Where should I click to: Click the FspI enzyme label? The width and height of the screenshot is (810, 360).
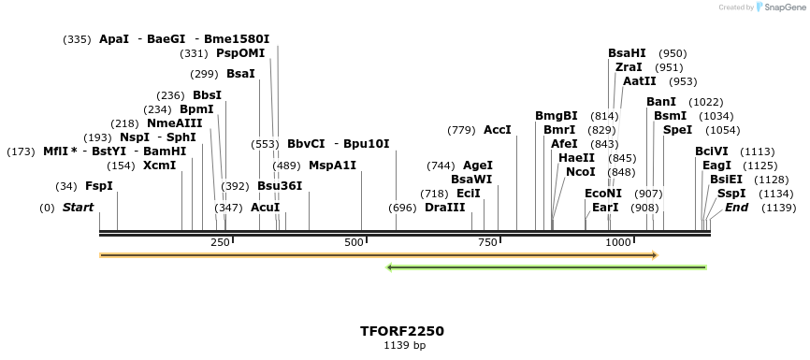(98, 186)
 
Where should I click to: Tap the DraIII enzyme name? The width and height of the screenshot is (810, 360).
(444, 208)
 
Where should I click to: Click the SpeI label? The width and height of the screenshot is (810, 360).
(677, 130)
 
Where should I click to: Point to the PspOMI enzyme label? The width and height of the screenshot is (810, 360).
(240, 53)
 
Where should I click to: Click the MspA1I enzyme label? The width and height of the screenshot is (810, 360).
(332, 166)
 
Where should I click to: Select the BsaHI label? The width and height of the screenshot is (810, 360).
(627, 53)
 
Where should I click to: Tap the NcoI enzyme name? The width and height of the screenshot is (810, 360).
(580, 172)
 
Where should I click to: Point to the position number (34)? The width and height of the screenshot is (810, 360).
(66, 186)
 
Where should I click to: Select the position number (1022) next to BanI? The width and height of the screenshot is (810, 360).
(705, 102)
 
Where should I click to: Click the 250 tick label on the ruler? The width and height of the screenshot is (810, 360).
(220, 243)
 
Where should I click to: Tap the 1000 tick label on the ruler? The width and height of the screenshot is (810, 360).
(619, 243)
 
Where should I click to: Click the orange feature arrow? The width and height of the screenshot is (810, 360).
(379, 254)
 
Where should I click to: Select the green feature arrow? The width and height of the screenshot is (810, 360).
(547, 268)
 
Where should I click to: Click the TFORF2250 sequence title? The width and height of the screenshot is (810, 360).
(402, 331)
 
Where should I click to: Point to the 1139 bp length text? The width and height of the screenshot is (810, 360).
(404, 346)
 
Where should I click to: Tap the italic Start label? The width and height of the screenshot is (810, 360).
(78, 208)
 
